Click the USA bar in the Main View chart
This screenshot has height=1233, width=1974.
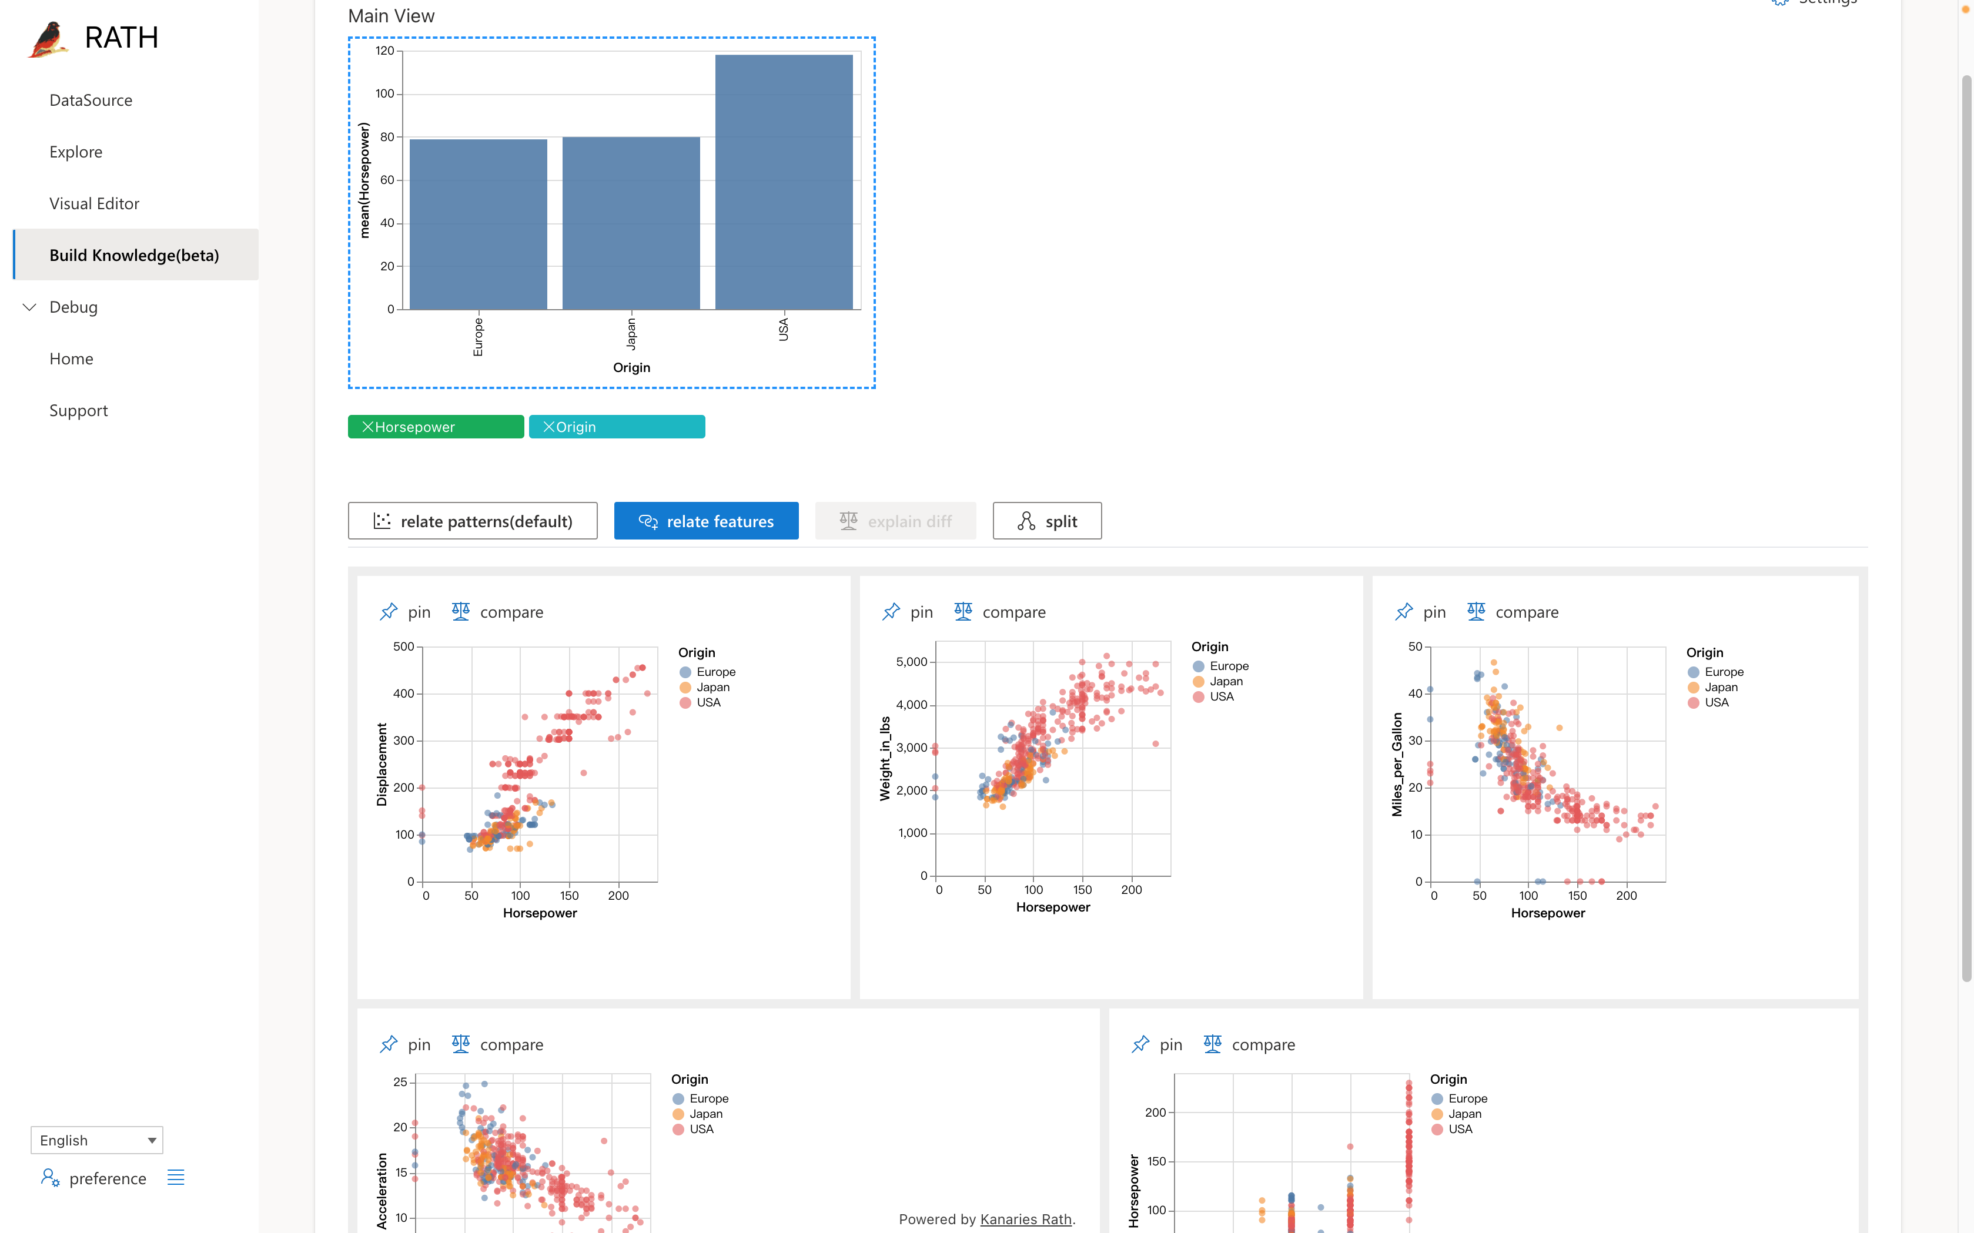point(783,182)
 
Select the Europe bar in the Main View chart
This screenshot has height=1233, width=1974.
point(478,225)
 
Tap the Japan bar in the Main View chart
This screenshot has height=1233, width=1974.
point(631,223)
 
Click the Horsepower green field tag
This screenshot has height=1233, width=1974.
point(436,427)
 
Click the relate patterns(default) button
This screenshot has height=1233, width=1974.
point(472,521)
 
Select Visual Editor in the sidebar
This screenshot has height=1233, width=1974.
point(94,204)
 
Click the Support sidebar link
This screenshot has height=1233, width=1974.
point(78,410)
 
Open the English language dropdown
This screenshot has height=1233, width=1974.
point(96,1139)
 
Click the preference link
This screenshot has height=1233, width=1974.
point(107,1178)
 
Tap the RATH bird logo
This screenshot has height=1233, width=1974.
point(48,38)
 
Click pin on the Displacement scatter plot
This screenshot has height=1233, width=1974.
point(406,612)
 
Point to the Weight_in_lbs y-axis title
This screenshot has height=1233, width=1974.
point(884,758)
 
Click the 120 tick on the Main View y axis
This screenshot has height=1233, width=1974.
point(384,51)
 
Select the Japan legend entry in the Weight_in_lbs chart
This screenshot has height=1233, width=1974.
point(1225,681)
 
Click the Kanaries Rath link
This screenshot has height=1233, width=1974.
point(1025,1219)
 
